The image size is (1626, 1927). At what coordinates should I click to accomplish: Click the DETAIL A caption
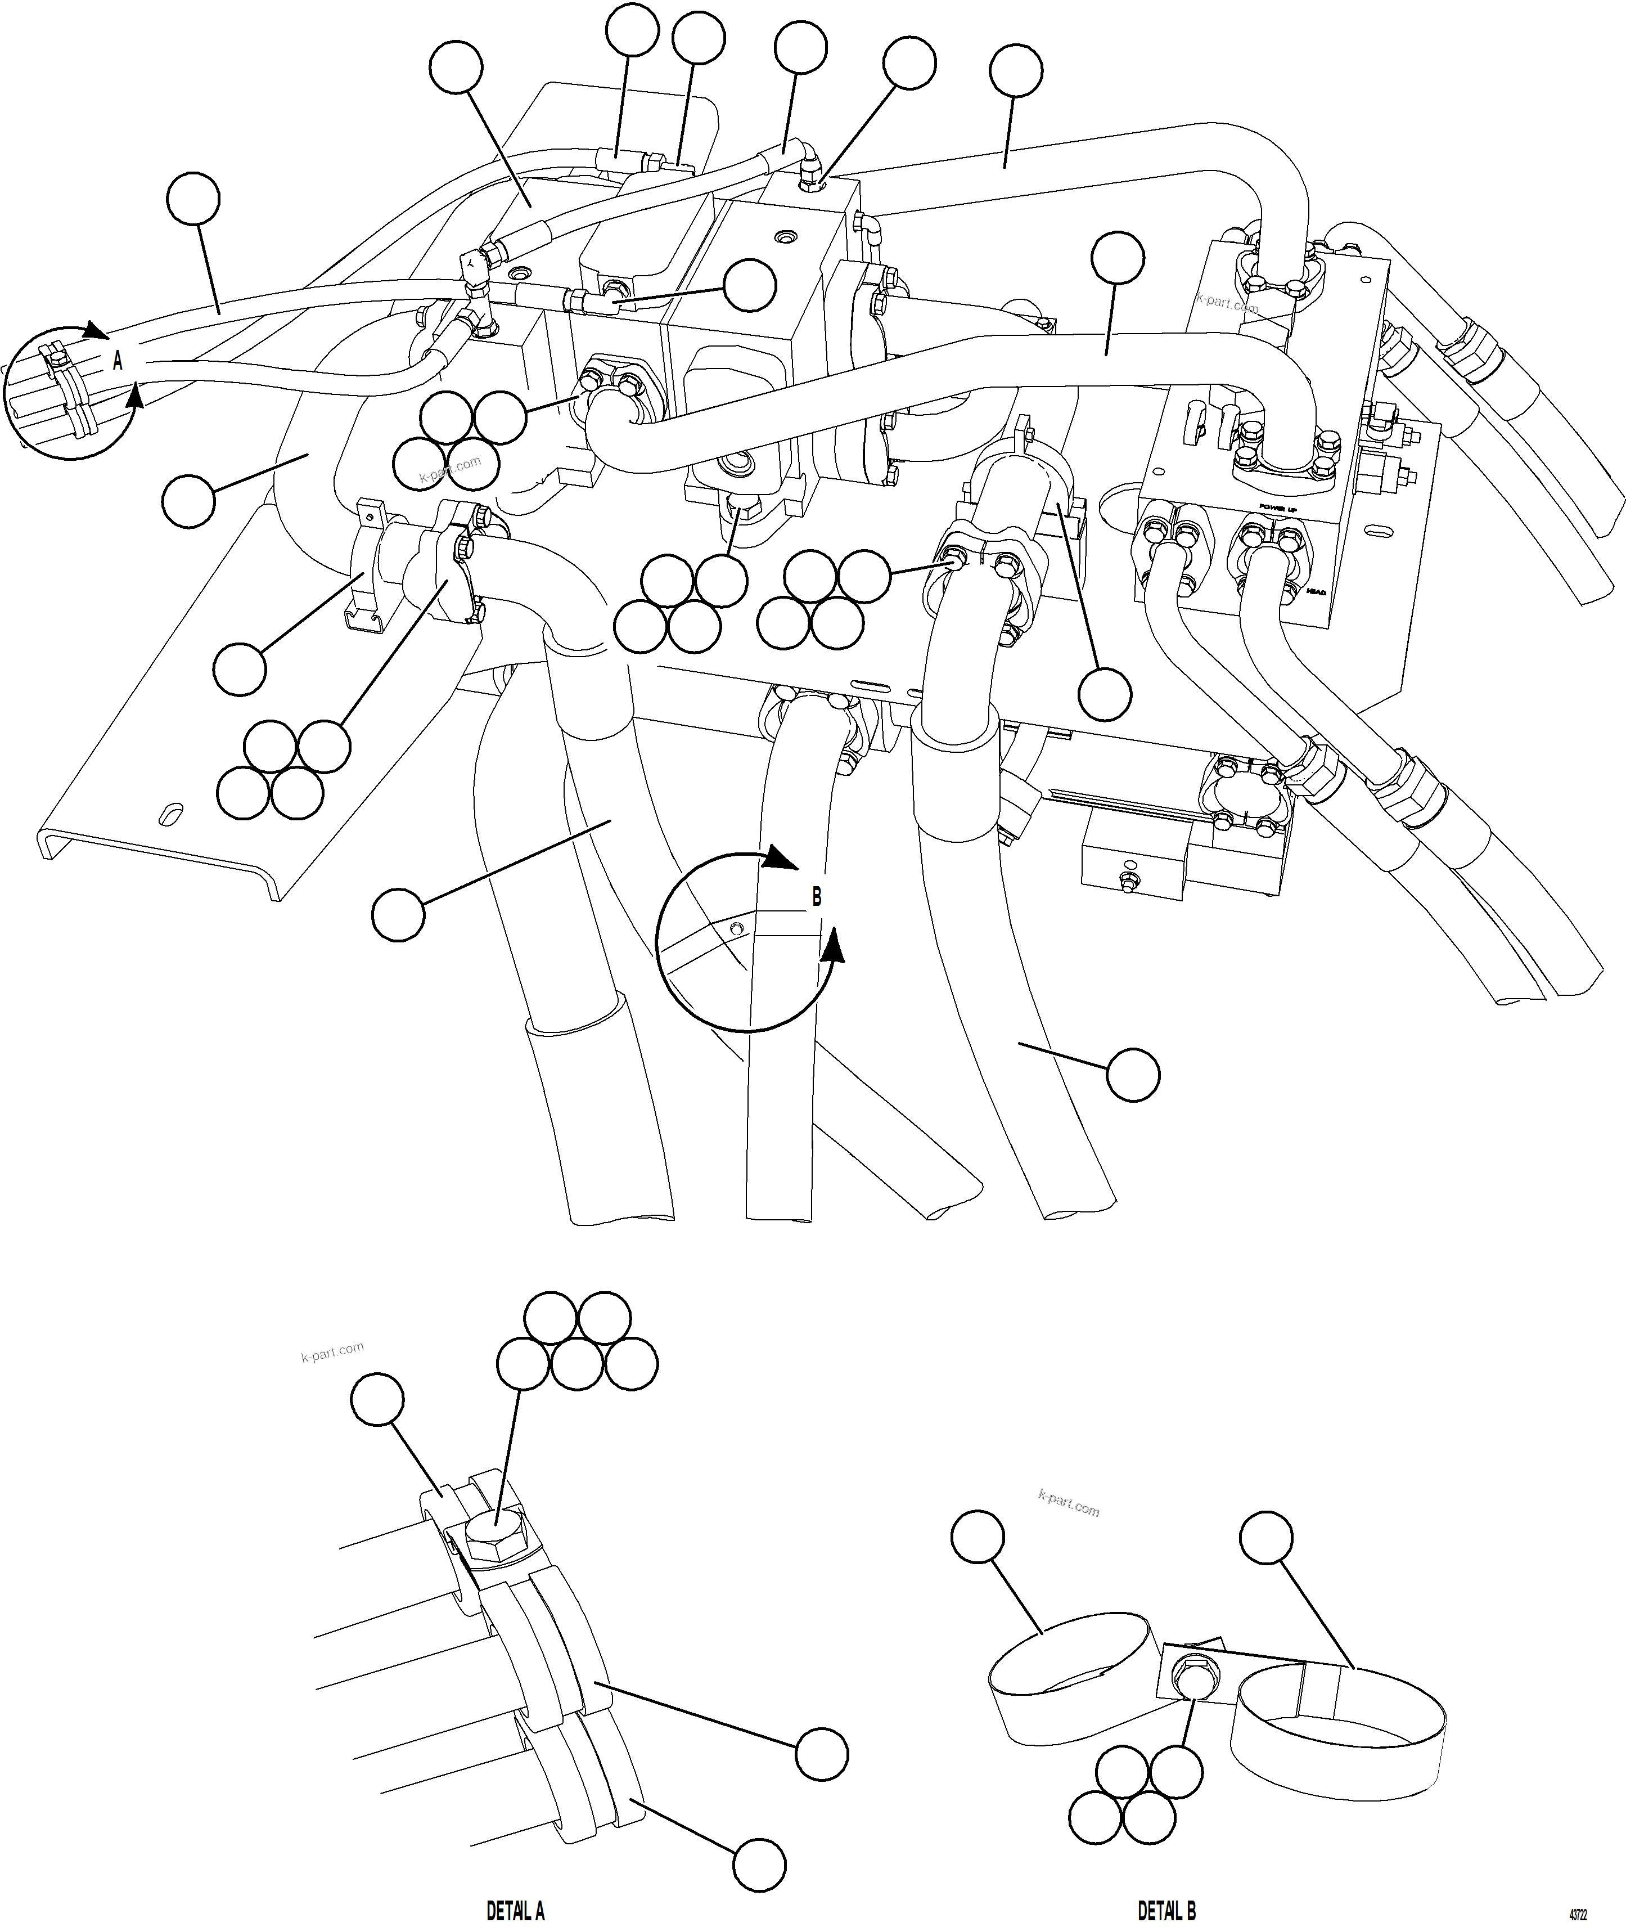[515, 1903]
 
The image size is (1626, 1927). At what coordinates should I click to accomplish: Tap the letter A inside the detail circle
[117, 361]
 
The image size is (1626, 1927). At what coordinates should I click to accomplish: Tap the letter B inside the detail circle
[816, 896]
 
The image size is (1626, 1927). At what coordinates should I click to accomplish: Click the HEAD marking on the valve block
[1316, 591]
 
